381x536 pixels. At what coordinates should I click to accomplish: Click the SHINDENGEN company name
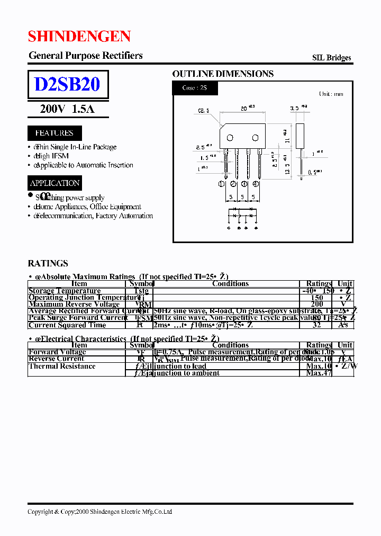pyautogui.click(x=79, y=36)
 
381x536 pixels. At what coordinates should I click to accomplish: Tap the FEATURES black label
pyautogui.click(x=54, y=133)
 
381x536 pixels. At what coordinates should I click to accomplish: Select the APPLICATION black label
pyautogui.click(x=55, y=183)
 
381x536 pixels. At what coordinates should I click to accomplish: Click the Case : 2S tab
pyautogui.click(x=195, y=88)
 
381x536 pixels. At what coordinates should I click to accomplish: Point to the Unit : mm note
pyautogui.click(x=331, y=94)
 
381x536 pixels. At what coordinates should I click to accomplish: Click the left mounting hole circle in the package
pyautogui.click(x=230, y=138)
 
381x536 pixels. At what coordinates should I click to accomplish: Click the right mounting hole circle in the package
pyautogui.click(x=255, y=138)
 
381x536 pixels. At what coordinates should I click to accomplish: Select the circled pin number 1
pyautogui.click(x=222, y=184)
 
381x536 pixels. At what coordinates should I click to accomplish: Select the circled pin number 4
pyautogui.click(x=256, y=184)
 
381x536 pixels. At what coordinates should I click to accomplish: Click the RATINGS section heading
pyautogui.click(x=48, y=263)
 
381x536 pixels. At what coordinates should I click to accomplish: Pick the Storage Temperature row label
pyautogui.click(x=65, y=291)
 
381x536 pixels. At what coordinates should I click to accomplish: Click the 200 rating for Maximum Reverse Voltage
pyautogui.click(x=317, y=304)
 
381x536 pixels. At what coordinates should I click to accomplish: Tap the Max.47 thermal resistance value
pyautogui.click(x=319, y=373)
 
